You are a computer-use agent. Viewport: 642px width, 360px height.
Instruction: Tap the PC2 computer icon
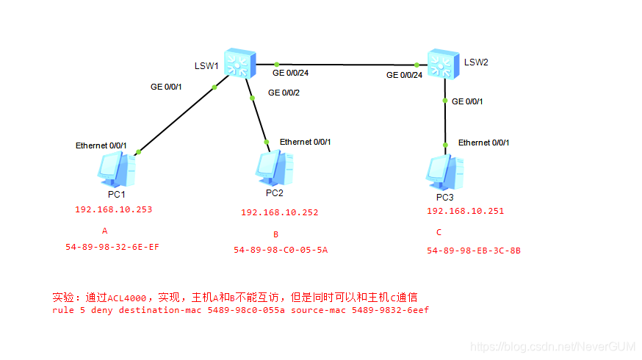(274, 168)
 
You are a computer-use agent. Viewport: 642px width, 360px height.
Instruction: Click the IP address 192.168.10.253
(114, 209)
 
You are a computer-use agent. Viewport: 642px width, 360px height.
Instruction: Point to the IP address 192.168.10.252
(279, 212)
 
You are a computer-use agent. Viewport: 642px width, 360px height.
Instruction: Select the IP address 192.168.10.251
(465, 211)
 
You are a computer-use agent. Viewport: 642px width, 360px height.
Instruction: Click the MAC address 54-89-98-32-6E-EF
(112, 247)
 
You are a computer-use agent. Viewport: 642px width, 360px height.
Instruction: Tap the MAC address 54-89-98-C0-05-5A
(281, 250)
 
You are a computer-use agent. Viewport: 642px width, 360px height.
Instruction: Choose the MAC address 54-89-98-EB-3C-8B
(474, 251)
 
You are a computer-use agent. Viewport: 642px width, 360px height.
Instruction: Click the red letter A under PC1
(105, 230)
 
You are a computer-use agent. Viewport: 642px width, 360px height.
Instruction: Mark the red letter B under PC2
(275, 235)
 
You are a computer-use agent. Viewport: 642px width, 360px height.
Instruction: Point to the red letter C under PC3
(439, 233)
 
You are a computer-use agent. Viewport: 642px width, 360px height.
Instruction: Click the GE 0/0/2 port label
(284, 93)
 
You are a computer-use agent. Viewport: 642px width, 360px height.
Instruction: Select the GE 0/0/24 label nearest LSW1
(290, 73)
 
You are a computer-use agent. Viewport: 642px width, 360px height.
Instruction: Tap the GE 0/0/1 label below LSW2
(467, 101)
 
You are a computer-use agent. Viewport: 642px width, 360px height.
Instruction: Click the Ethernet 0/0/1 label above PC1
(101, 145)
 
